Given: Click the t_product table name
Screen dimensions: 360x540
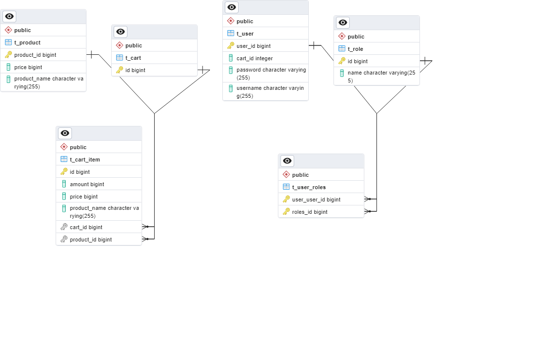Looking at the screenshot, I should point(27,42).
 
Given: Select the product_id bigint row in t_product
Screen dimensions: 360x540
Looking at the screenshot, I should point(35,55).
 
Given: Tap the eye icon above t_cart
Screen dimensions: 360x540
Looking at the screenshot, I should point(121,32).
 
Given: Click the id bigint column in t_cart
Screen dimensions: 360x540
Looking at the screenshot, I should point(135,70).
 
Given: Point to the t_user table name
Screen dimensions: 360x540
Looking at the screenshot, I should point(245,34).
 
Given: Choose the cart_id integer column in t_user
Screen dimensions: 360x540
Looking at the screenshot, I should point(254,58).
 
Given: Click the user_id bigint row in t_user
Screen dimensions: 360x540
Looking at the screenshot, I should point(253,46).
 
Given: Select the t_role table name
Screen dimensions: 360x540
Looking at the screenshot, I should point(355,49).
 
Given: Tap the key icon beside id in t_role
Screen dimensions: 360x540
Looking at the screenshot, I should point(342,61).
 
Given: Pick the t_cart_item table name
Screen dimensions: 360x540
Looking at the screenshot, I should point(85,160).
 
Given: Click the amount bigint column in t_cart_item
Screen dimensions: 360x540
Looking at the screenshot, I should point(87,184).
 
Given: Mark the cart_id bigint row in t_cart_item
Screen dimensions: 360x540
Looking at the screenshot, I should point(86,227).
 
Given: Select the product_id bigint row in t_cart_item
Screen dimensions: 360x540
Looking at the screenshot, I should point(90,240).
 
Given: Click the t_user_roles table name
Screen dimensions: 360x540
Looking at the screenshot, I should point(309,187).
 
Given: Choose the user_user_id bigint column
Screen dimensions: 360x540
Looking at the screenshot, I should point(316,200).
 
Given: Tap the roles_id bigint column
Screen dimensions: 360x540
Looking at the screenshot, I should point(310,212).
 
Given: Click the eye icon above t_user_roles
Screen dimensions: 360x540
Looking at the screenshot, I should point(287,161).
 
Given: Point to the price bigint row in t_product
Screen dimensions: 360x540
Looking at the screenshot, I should point(28,67).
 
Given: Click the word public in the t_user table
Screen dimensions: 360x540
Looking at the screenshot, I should point(245,21).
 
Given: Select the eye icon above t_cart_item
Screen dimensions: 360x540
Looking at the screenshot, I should point(65,133).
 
